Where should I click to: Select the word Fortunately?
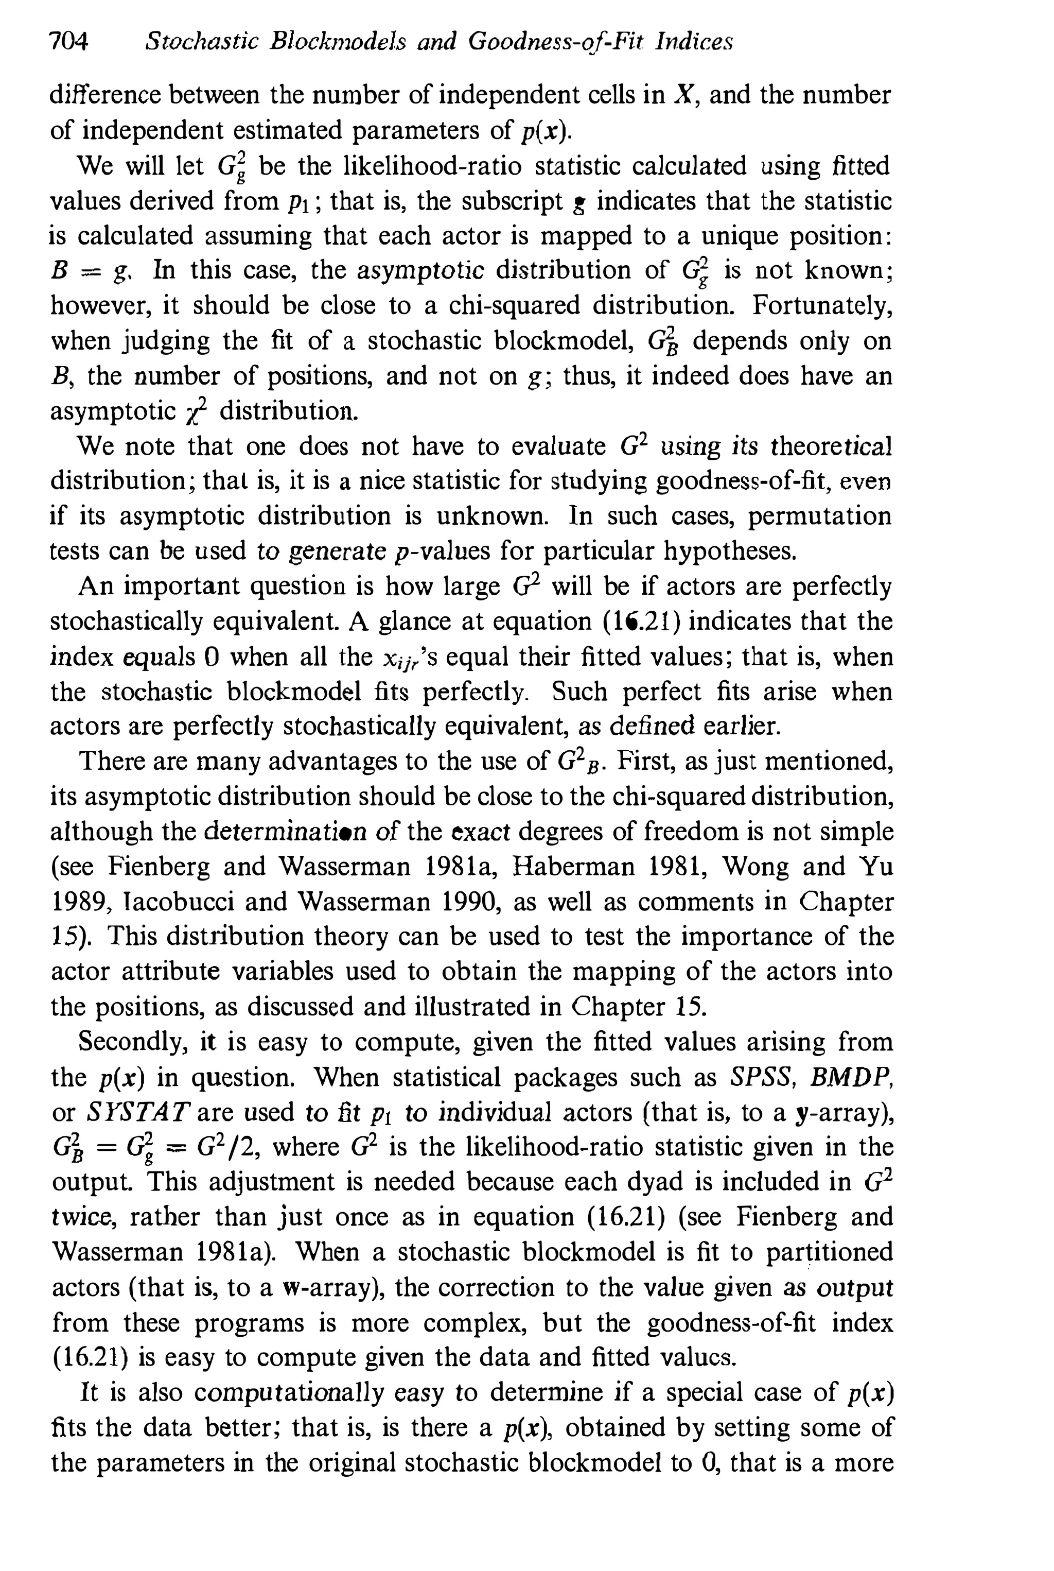coord(822,306)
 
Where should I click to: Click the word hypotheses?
coord(729,551)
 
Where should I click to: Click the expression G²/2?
coord(229,1147)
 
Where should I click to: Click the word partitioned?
coord(829,1253)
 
